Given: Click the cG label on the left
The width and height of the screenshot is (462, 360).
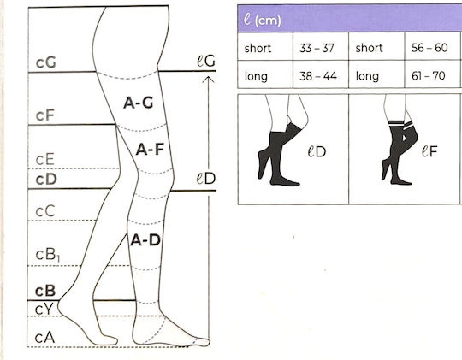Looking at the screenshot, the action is tap(45, 62).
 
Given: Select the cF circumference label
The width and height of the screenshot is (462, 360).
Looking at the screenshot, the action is tap(44, 115).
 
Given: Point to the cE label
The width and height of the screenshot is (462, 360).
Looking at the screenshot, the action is tap(44, 159).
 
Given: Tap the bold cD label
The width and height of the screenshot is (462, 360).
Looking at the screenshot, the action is tap(46, 179).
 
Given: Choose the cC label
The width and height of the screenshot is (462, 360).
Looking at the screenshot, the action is tap(45, 211).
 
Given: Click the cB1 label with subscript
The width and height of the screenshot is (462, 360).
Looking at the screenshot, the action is tap(48, 255).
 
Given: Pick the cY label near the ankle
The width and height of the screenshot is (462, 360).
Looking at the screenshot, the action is tap(44, 310).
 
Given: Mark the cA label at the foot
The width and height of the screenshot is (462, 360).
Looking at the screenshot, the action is tap(44, 338).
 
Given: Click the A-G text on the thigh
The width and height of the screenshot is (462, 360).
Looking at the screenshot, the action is tap(139, 103).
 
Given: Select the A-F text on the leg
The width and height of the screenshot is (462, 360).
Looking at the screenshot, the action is tap(150, 150).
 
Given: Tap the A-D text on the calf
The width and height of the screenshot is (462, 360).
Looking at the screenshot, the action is tap(145, 240).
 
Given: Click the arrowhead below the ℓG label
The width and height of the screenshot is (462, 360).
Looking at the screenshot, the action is tap(208, 79).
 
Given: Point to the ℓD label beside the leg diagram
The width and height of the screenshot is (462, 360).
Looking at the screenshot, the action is tap(206, 179).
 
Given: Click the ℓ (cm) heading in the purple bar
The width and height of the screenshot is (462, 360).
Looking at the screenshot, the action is tap(263, 21).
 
